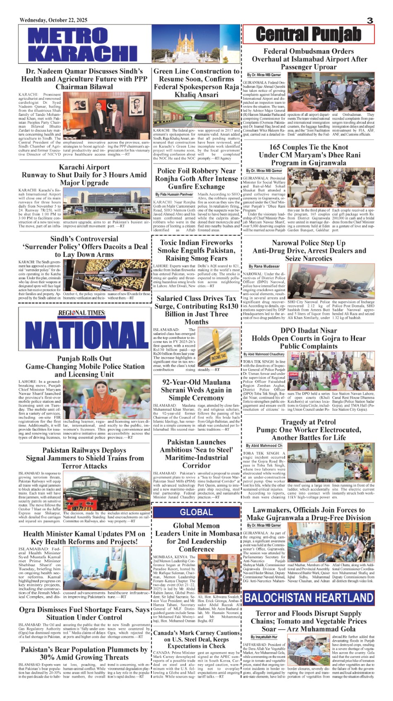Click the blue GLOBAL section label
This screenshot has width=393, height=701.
pos(196,512)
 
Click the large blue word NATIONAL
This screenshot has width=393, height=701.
pos(84,334)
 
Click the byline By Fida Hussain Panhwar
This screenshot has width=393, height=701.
pos(174,194)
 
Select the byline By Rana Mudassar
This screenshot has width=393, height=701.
pos(264,266)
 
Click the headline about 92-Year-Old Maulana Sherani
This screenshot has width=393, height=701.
pos(196,390)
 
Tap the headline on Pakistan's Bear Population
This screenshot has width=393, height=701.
pos(84,653)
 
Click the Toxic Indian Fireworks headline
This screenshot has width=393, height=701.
pos(196,250)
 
